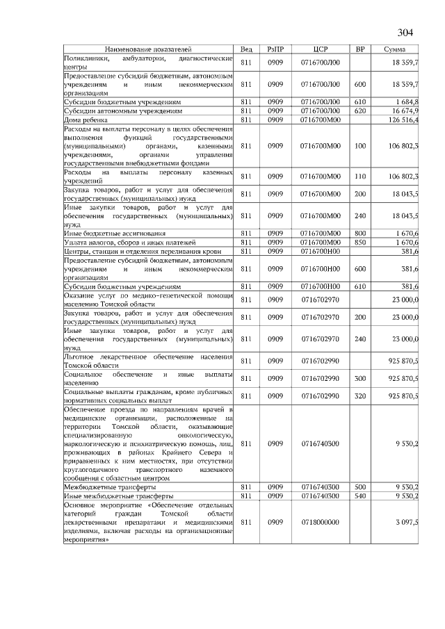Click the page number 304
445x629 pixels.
pos(405,33)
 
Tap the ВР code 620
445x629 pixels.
pos(359,111)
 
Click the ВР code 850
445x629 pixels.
pos(359,241)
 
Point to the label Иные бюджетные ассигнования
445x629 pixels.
pos(115,232)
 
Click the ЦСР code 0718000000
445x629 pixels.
pos(321,521)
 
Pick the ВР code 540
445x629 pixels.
pos(359,496)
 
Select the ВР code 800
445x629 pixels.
pos(359,232)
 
